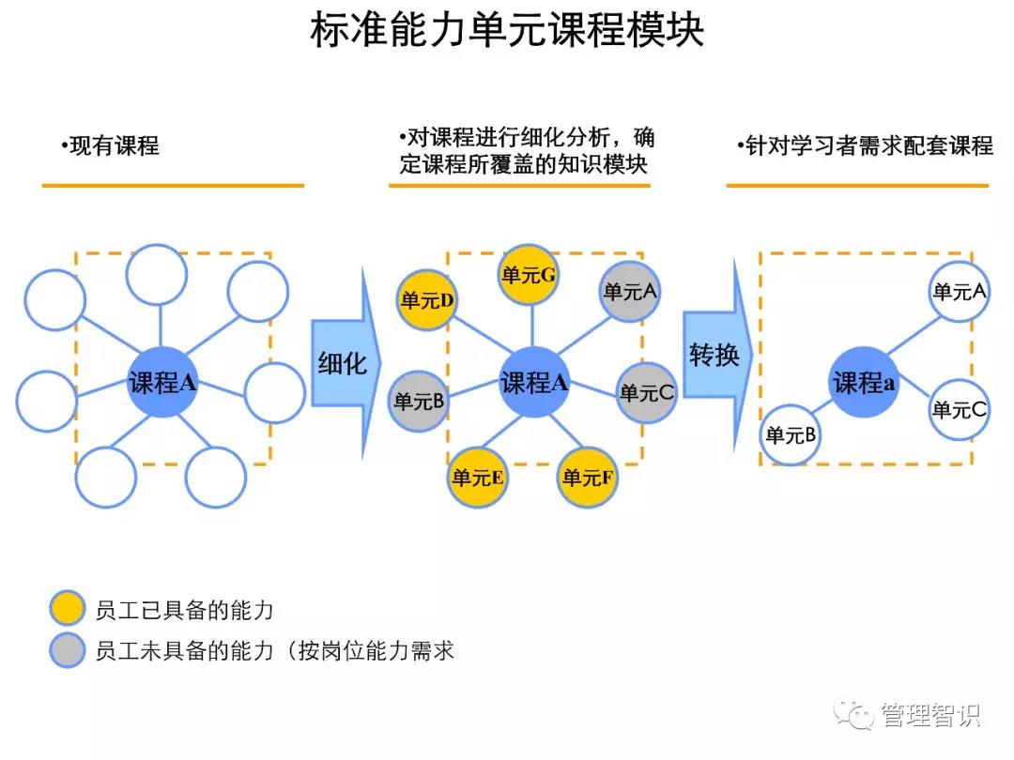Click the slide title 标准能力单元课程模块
[x=507, y=32]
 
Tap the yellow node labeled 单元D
[x=427, y=300]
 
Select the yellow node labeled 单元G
[x=529, y=275]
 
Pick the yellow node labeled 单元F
[x=588, y=477]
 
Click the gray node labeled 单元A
[x=630, y=291]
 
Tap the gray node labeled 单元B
[x=418, y=402]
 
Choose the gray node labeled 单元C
[x=646, y=392]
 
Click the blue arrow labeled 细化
[x=344, y=363]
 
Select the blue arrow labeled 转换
[x=715, y=356]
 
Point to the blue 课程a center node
[x=863, y=382]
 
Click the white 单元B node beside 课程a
[x=791, y=434]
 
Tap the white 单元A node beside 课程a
[x=959, y=292]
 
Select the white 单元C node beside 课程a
[x=959, y=409]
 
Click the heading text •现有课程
[x=110, y=145]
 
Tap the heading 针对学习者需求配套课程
[x=865, y=146]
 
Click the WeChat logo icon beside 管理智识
[x=855, y=715]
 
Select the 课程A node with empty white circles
[x=161, y=382]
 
